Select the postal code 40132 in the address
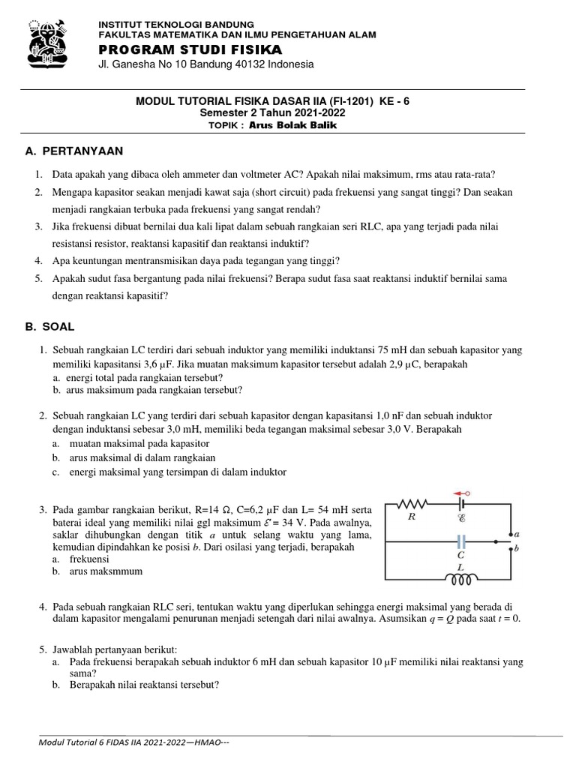pyautogui.click(x=240, y=65)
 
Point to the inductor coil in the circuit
pyautogui.click(x=461, y=580)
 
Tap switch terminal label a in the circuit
pyautogui.click(x=518, y=533)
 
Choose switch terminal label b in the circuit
pyautogui.click(x=518, y=549)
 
